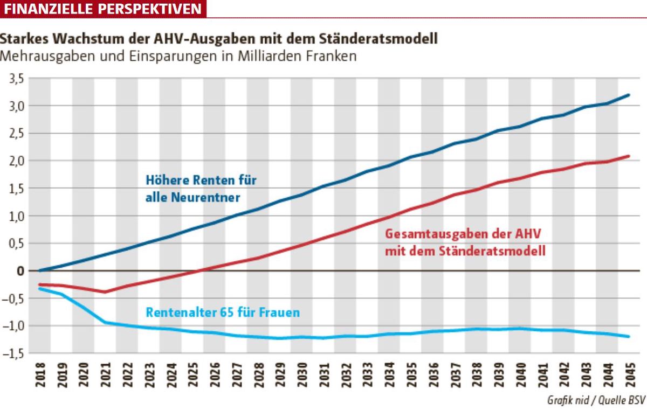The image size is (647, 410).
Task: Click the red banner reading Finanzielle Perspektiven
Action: tap(102, 9)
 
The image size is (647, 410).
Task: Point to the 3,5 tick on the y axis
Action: tap(16, 79)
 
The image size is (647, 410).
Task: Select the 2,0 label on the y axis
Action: tap(16, 161)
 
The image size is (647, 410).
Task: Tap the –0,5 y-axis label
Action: tap(14, 298)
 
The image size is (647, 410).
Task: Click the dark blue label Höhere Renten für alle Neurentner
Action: tap(200, 189)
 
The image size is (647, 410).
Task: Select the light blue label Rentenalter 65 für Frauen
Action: tap(222, 312)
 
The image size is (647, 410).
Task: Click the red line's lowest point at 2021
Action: tap(105, 292)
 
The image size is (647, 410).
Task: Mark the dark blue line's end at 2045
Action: tap(629, 95)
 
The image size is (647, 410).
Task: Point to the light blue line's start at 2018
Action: tap(40, 289)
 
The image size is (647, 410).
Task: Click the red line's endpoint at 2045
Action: tap(629, 156)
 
